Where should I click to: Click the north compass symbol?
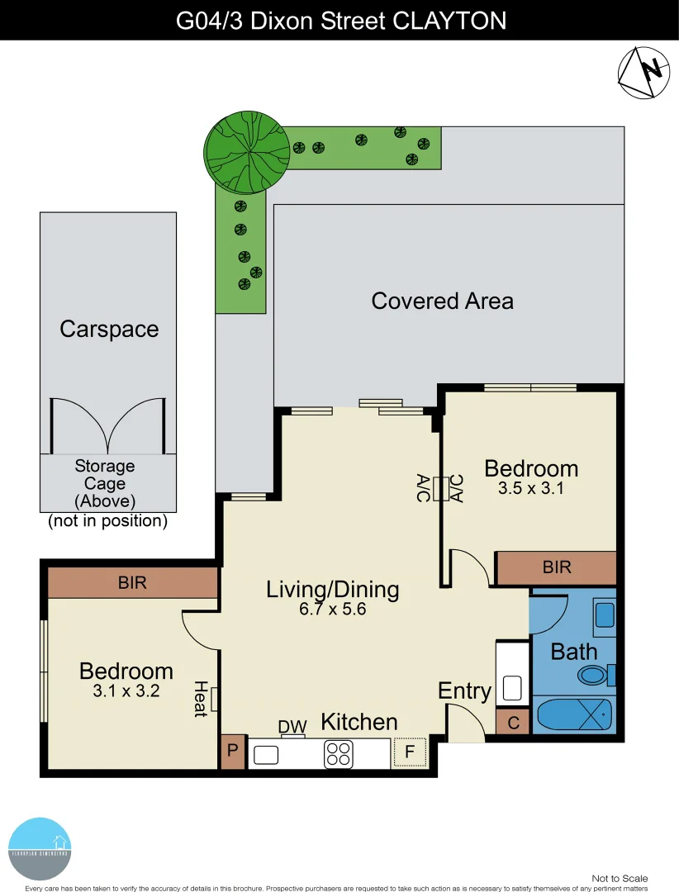[x=643, y=74]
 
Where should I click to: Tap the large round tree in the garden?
[x=246, y=149]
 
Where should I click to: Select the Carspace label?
[x=109, y=329]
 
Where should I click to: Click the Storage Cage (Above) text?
[x=105, y=483]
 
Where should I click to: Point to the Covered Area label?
[x=442, y=301]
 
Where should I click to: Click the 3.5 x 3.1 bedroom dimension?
[x=530, y=488]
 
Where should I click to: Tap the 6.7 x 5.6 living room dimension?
[x=332, y=610]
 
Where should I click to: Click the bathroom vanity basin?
[x=605, y=615]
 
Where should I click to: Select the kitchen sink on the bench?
[x=266, y=754]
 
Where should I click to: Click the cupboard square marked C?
[x=513, y=723]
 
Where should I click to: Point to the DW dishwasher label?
[x=292, y=727]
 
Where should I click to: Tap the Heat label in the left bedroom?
[x=200, y=699]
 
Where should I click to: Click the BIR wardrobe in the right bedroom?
[x=557, y=568]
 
